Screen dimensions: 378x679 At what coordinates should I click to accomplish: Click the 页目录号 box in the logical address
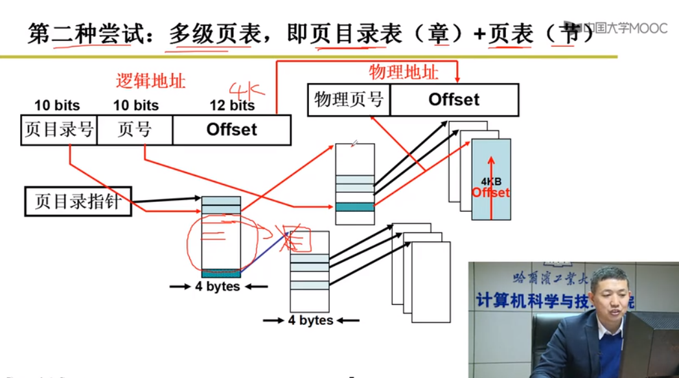pos(58,130)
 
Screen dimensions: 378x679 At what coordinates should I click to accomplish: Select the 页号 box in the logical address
pos(135,130)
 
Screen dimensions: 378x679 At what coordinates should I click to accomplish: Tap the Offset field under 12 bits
pos(231,130)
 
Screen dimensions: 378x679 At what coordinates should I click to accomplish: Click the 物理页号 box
pos(349,100)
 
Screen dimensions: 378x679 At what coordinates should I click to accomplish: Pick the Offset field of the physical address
pos(454,100)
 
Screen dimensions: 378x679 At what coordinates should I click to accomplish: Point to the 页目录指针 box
pos(78,201)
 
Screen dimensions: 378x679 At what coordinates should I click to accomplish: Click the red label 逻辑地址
pos(150,81)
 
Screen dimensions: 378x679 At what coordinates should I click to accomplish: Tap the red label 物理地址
pos(403,72)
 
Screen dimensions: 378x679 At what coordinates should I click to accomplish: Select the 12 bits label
pos(232,105)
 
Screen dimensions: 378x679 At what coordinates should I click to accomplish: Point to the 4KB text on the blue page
pos(492,182)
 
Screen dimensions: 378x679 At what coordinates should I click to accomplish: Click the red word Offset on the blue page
pos(490,192)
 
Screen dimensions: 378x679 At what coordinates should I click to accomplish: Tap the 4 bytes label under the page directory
pos(218,287)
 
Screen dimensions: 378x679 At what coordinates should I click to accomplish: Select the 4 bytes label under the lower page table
pos(311,320)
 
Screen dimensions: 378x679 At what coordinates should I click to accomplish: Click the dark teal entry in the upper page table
pos(354,207)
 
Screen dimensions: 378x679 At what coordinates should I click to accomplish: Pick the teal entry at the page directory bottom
pos(221,274)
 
